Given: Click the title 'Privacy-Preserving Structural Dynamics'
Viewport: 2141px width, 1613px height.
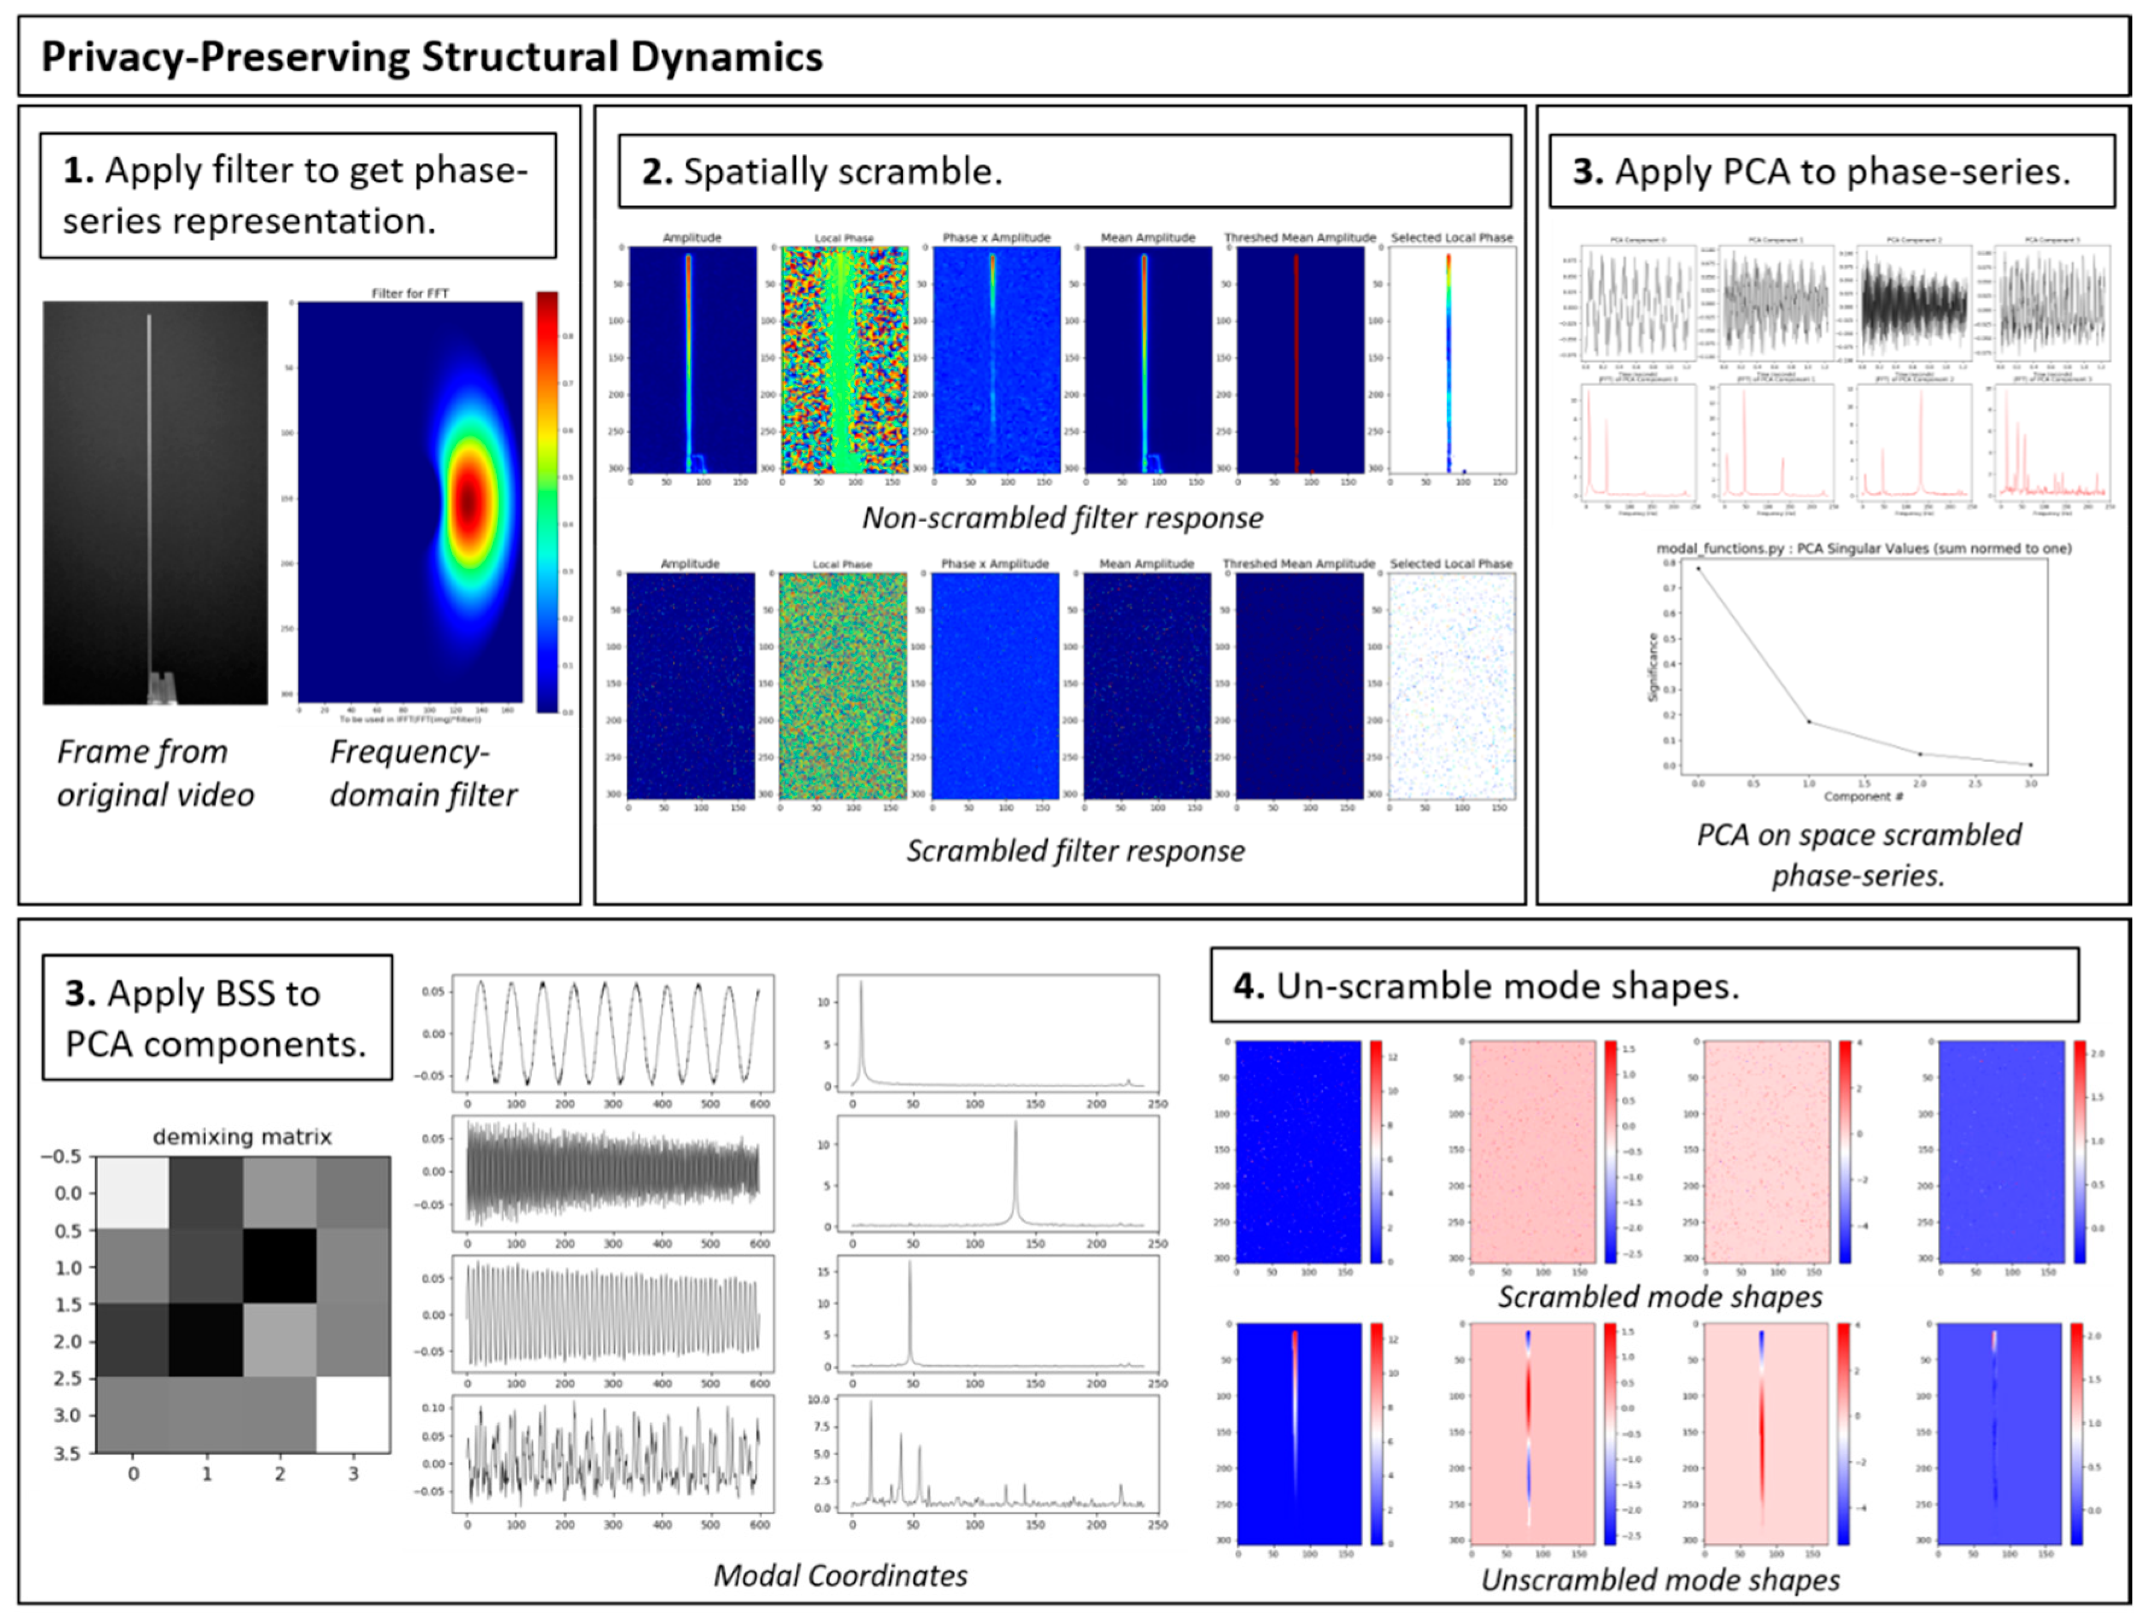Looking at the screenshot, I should click(x=432, y=57).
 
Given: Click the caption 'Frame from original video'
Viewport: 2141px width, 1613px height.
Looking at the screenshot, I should click(x=155, y=772).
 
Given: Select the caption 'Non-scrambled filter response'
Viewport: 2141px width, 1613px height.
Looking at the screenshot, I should click(x=1062, y=518).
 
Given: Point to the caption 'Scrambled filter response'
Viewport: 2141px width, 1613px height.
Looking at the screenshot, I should click(x=1074, y=850).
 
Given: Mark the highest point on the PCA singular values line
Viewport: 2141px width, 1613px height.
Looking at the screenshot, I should click(x=1698, y=569).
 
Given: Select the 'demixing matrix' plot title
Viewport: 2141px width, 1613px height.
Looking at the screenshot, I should click(x=242, y=1137).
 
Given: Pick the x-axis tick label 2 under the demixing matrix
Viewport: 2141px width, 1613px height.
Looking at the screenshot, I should click(x=280, y=1474).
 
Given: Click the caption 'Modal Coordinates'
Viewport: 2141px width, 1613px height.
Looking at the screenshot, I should click(x=840, y=1575).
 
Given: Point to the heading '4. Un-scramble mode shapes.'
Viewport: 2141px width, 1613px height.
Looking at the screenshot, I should click(x=1486, y=986).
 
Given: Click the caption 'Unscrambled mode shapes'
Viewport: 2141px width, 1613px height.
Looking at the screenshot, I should click(x=1660, y=1579).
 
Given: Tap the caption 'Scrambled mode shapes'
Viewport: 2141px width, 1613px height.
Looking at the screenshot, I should click(x=1660, y=1296).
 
